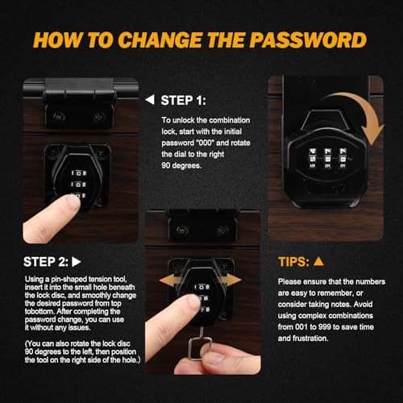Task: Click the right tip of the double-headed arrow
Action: point(241,279)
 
